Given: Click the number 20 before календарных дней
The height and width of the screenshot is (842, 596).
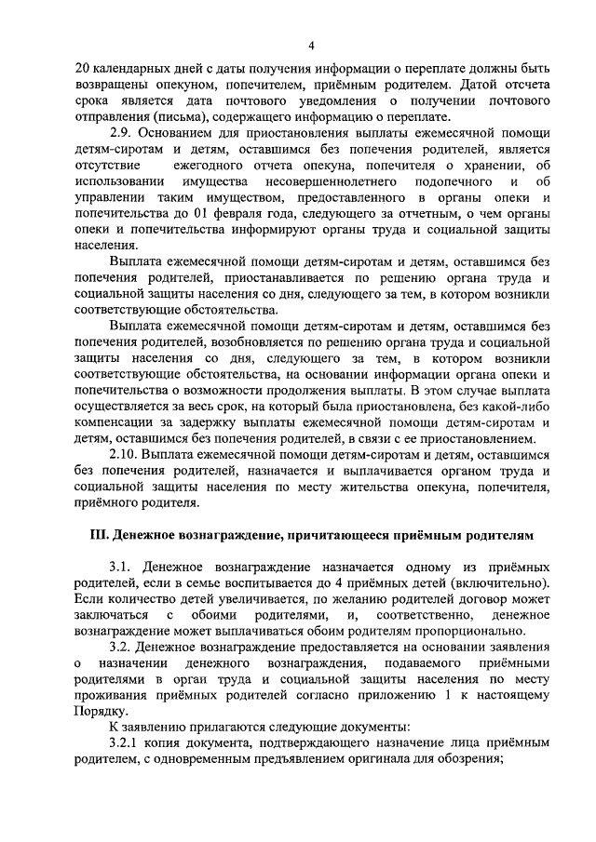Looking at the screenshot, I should tap(80, 71).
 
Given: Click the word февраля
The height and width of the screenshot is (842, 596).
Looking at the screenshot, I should tap(227, 214).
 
